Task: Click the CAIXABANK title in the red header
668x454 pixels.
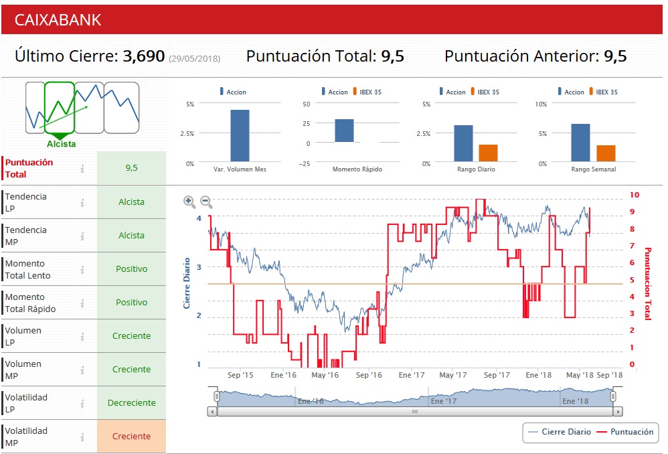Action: point(58,20)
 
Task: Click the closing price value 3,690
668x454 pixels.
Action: point(143,56)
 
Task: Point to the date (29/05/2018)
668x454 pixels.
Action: point(194,59)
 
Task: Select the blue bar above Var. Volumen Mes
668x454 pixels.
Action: point(240,136)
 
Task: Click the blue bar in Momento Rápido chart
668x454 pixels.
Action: point(344,131)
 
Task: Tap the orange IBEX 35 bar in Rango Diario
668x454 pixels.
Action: point(488,153)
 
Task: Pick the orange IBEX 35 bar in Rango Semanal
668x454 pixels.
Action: point(606,153)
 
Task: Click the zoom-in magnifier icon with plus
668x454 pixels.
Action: point(189,202)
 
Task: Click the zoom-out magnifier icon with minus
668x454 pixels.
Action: point(206,202)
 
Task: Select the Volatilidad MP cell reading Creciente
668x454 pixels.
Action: point(131,437)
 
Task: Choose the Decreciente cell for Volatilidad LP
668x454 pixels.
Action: point(131,403)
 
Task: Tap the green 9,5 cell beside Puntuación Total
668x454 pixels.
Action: point(131,168)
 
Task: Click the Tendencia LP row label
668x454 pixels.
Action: point(26,202)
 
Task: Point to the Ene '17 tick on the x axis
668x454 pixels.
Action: point(412,376)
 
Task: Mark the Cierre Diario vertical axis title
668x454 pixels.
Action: point(187,283)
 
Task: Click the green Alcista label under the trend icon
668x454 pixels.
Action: point(61,144)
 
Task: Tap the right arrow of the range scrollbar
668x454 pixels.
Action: point(618,412)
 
